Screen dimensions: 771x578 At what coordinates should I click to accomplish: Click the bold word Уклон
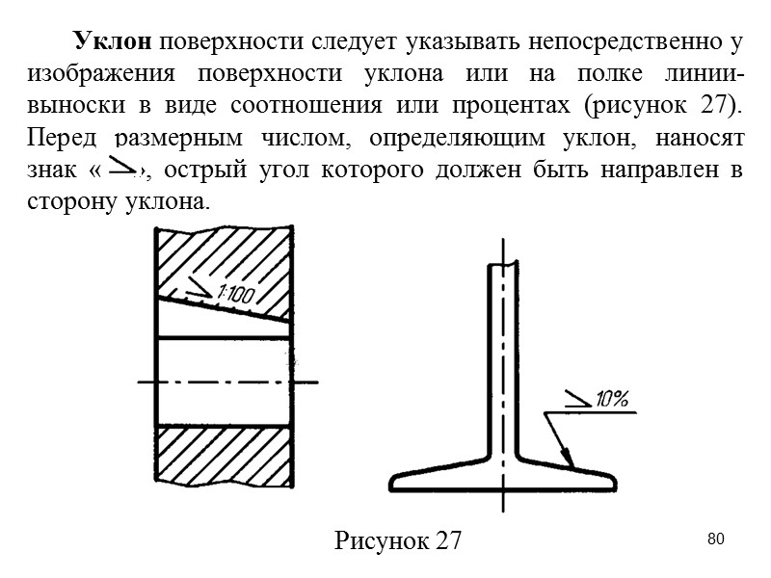pyautogui.click(x=111, y=41)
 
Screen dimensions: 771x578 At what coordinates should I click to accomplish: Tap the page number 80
pyautogui.click(x=715, y=537)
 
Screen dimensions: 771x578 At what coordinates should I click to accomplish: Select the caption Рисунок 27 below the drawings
pyautogui.click(x=399, y=540)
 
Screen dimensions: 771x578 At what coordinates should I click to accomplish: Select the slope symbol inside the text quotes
pyautogui.click(x=123, y=169)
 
